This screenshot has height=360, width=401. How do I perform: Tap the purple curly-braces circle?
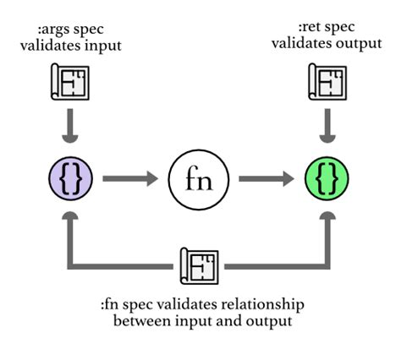pyautogui.click(x=70, y=178)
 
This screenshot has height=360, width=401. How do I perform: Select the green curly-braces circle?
pyautogui.click(x=327, y=178)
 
